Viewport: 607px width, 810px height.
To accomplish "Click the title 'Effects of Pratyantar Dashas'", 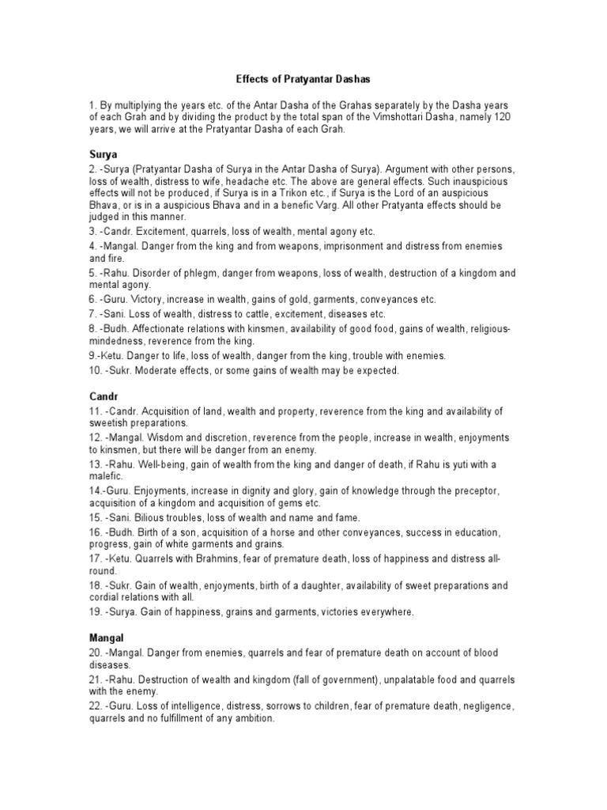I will pos(303,80).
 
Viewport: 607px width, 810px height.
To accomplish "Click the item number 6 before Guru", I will pos(92,300).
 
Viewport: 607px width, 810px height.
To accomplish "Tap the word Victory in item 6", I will pos(146,300).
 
